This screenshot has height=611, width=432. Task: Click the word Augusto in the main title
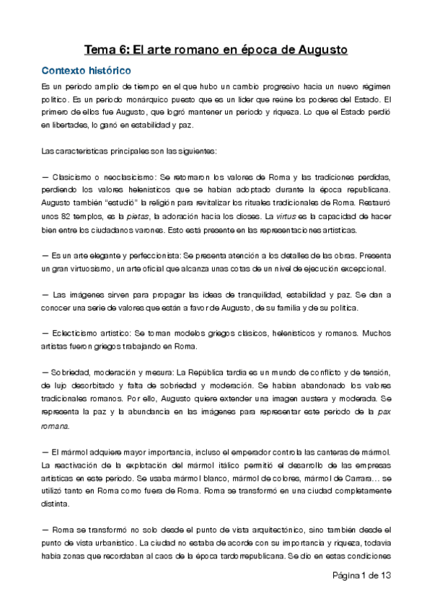(x=316, y=50)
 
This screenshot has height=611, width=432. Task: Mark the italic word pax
(x=384, y=412)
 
